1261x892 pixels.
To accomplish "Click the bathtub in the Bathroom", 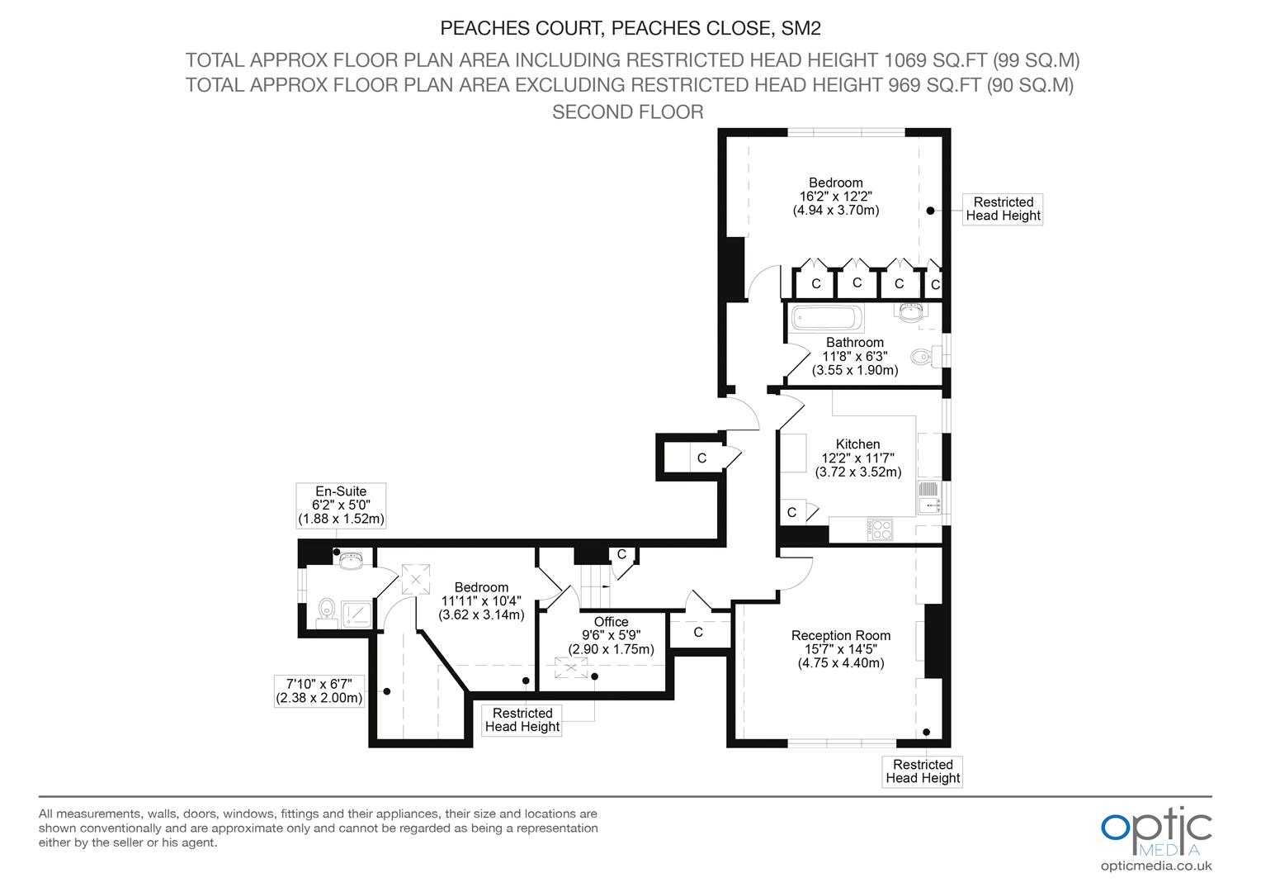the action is click(827, 318).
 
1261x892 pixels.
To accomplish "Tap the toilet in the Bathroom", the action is click(925, 356).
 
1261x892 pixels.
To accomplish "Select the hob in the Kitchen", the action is click(881, 529).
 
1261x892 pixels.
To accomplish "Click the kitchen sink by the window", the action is click(929, 497).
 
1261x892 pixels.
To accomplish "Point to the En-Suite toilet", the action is click(327, 613).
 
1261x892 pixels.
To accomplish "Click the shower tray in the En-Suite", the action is click(357, 614).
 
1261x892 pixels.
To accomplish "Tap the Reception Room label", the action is click(840, 636).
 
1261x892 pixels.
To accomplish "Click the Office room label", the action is click(611, 622).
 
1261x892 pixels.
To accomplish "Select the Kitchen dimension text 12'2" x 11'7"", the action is click(858, 458).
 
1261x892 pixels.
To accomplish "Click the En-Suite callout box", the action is click(341, 505).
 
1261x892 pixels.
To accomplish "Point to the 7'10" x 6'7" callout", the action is click(319, 690).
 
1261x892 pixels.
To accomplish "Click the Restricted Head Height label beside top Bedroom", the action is click(1003, 209).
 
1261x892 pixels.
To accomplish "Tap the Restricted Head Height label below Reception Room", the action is click(923, 771).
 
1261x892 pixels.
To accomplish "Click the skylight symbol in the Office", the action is click(571, 667).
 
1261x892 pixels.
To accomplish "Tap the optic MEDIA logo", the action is click(1155, 832).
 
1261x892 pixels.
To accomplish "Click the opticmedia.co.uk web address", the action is click(1156, 866).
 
